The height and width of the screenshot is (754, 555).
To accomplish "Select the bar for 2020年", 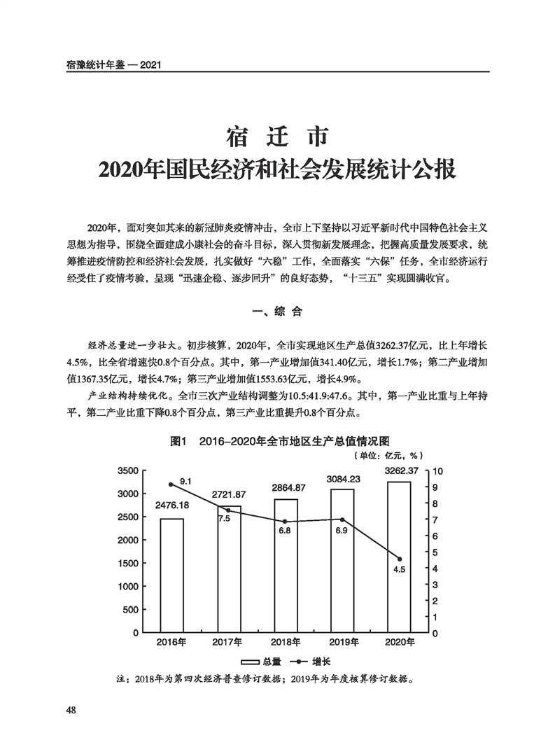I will (x=400, y=557).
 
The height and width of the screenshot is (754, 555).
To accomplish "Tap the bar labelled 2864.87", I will (x=286, y=566).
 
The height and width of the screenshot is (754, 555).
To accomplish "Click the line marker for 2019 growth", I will (x=342, y=519).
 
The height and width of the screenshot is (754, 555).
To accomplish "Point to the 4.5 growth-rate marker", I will (x=400, y=559).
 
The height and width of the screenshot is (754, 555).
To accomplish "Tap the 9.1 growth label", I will (x=185, y=482).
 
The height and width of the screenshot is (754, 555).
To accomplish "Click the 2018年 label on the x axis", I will (x=286, y=642).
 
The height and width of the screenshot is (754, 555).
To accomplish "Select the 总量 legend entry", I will (x=261, y=662).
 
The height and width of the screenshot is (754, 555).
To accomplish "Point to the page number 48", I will (x=71, y=711).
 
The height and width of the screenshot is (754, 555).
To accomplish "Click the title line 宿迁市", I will (x=277, y=135).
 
